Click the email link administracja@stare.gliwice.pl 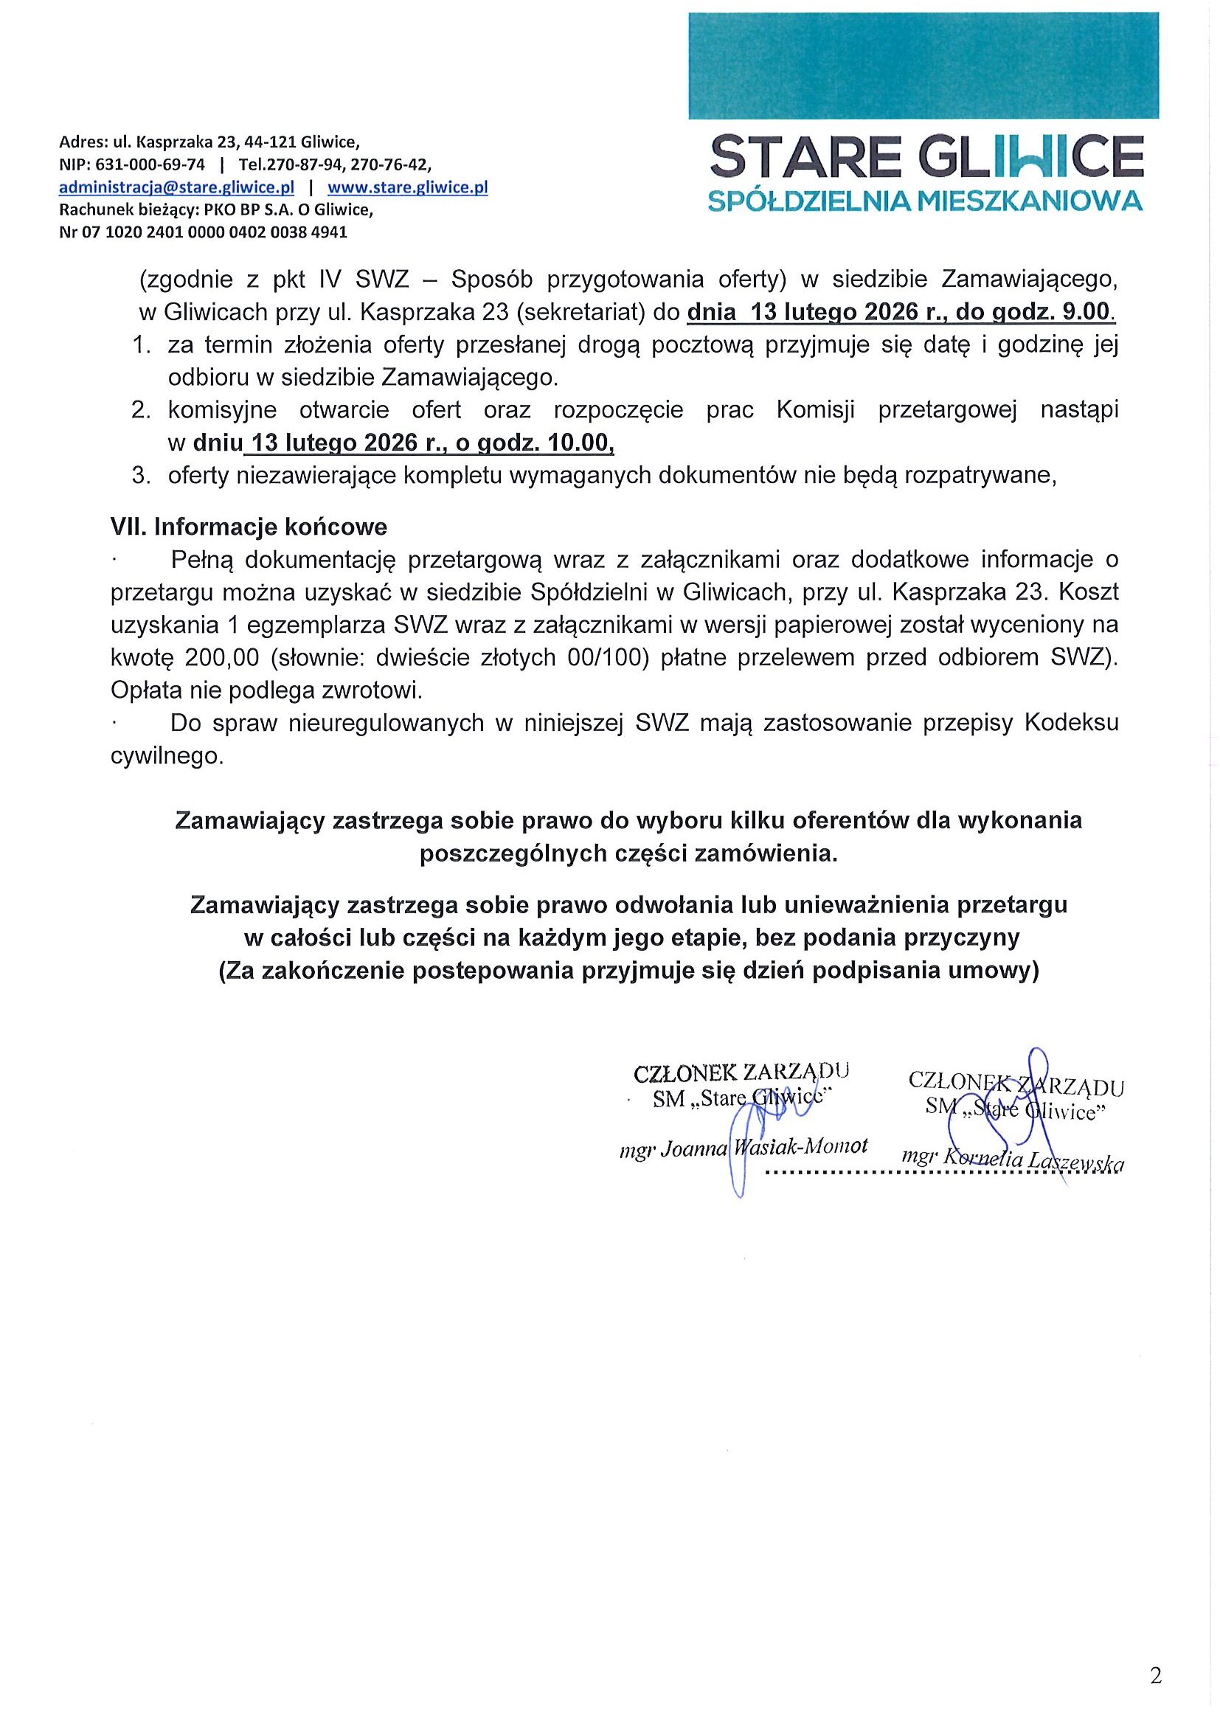[x=176, y=187]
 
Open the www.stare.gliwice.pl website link [x=407, y=187]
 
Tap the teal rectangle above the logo [x=923, y=66]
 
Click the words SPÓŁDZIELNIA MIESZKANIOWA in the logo [x=926, y=201]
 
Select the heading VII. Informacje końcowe [x=248, y=527]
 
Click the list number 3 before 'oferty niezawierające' [x=139, y=476]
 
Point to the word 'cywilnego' [x=167, y=756]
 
